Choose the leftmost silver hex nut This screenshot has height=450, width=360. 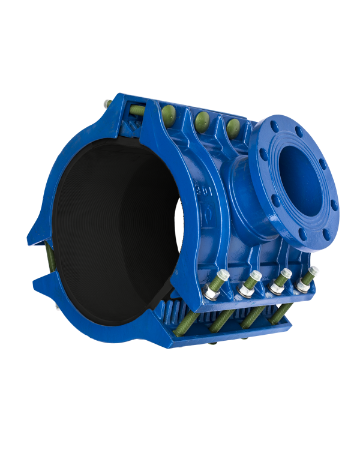point(212,293)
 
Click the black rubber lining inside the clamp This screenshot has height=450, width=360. point(114,228)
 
